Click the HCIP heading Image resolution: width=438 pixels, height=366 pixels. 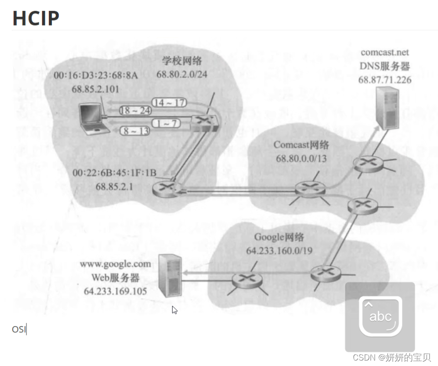(36, 18)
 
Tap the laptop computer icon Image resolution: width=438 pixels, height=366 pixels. (94, 119)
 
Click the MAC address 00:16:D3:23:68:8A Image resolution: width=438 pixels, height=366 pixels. (95, 76)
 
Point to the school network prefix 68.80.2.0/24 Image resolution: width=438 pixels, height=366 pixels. (182, 73)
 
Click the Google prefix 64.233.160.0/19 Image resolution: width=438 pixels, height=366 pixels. (278, 251)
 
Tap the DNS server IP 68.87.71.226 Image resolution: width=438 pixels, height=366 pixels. (385, 80)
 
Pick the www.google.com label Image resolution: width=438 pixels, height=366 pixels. (115, 264)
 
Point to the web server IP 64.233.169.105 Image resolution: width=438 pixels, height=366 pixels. (117, 290)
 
